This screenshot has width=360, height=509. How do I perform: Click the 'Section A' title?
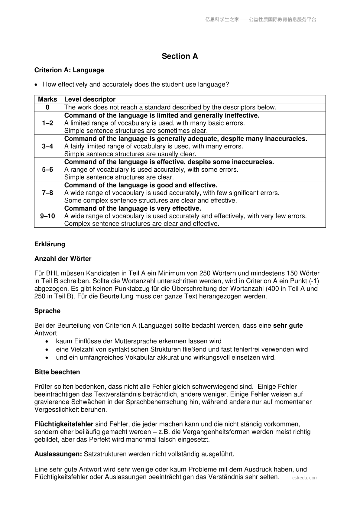[x=180, y=56]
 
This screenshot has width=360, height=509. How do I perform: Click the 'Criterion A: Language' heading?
[x=69, y=70]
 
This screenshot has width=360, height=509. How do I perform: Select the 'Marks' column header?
[x=47, y=99]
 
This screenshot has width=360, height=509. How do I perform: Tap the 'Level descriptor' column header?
[x=90, y=99]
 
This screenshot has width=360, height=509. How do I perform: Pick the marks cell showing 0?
[x=47, y=107]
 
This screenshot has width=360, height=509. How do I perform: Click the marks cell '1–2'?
[x=47, y=123]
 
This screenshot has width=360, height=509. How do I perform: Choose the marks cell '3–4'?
[x=47, y=146]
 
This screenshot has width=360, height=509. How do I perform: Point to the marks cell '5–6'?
[x=47, y=170]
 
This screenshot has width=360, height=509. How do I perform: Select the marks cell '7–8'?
[x=47, y=193]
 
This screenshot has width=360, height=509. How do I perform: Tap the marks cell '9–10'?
[x=47, y=216]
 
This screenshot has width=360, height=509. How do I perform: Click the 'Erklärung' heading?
[x=50, y=244]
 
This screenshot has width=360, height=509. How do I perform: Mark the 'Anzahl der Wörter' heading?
[x=63, y=259]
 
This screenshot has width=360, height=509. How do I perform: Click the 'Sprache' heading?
[x=47, y=311]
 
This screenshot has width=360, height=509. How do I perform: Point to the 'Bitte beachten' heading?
[x=57, y=372]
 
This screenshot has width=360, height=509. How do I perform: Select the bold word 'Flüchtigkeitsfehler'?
[x=64, y=424]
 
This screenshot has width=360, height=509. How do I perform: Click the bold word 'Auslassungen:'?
[x=58, y=454]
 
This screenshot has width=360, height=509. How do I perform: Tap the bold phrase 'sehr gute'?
[x=288, y=326]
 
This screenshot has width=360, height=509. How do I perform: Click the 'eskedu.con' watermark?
[x=304, y=478]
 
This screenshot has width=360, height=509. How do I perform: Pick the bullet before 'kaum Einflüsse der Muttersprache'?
[x=47, y=342]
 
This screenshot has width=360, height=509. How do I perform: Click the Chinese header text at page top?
[x=260, y=20]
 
